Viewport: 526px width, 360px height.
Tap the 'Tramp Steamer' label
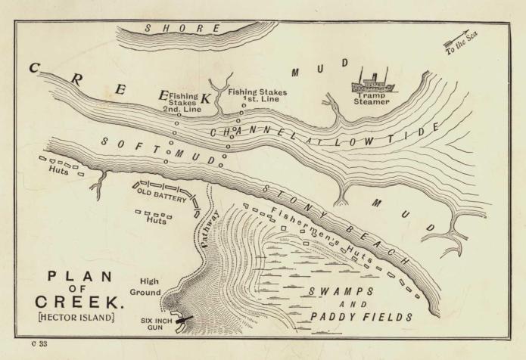coord(372,98)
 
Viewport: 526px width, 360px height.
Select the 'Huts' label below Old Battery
coord(157,222)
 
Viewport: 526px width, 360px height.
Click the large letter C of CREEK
coord(35,69)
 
